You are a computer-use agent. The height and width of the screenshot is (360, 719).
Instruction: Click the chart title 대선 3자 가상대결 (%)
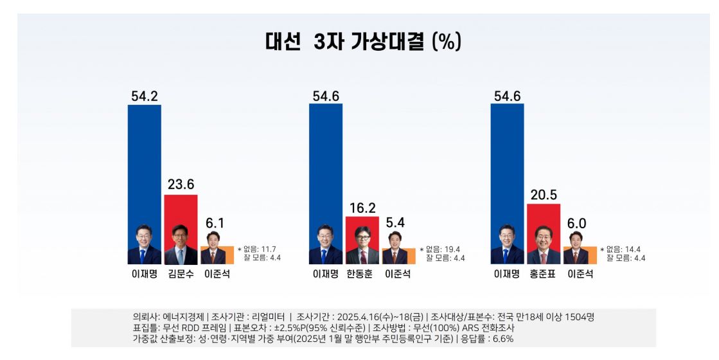click(x=363, y=42)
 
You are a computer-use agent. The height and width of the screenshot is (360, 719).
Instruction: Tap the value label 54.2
click(x=145, y=96)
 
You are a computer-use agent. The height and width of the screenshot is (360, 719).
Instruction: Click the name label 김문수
click(x=181, y=274)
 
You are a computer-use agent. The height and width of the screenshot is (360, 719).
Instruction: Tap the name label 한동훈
click(x=362, y=274)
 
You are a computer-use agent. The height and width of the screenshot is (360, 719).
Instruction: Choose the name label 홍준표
click(x=544, y=274)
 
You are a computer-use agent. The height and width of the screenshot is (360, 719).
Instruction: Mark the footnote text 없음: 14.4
click(x=625, y=249)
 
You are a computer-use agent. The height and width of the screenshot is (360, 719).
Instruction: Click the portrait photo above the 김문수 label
click(x=181, y=245)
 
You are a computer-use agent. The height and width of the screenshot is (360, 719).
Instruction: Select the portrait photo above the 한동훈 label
click(x=362, y=246)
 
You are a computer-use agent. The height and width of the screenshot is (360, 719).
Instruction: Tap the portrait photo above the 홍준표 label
click(x=544, y=245)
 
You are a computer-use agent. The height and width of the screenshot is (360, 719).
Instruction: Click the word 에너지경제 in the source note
click(x=184, y=317)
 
